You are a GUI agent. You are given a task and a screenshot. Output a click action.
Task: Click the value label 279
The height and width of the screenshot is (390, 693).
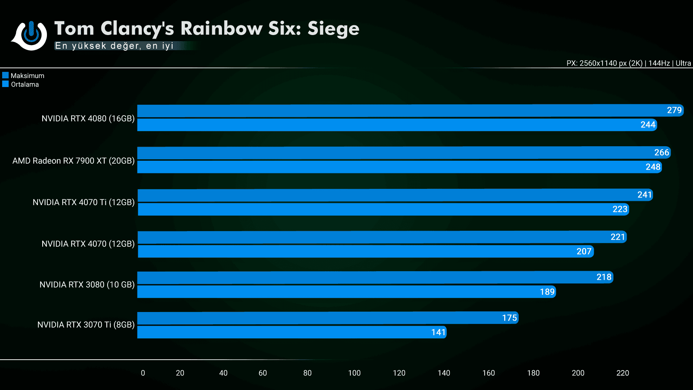(x=674, y=110)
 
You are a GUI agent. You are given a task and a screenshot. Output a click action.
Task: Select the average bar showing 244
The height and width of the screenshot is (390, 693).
(x=397, y=125)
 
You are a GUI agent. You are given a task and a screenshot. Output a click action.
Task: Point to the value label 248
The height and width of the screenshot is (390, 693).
(x=653, y=167)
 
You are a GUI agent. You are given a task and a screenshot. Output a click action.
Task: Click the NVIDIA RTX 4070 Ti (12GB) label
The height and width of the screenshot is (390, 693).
(x=83, y=202)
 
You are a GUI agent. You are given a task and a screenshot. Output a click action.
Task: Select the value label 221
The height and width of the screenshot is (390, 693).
(x=618, y=237)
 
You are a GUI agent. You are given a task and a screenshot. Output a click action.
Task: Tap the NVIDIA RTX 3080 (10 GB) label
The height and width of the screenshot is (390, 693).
(x=87, y=285)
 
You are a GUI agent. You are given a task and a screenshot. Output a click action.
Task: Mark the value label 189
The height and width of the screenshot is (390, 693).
(x=547, y=292)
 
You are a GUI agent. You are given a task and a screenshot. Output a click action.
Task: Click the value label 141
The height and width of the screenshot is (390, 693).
(x=438, y=332)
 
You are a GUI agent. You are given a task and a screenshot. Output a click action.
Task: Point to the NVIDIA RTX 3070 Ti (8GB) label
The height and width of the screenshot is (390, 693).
(x=86, y=325)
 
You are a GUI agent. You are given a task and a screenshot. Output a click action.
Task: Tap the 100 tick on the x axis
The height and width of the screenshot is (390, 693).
(x=354, y=373)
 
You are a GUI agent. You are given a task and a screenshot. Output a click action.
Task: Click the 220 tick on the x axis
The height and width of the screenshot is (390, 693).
(x=622, y=373)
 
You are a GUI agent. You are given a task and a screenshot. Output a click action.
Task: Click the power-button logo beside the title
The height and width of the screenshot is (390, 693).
(x=31, y=35)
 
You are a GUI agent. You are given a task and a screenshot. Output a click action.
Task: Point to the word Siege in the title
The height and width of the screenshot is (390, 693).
(x=333, y=29)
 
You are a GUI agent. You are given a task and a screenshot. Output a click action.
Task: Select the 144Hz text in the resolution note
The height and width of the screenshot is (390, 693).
(x=659, y=63)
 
